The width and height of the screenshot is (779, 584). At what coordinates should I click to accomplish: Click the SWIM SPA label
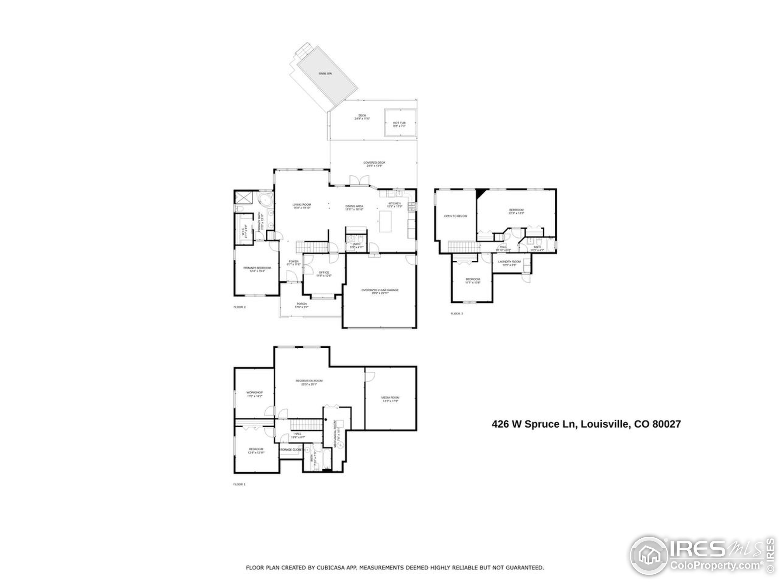pyautogui.click(x=325, y=74)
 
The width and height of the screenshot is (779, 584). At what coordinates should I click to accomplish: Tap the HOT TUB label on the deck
pyautogui.click(x=399, y=123)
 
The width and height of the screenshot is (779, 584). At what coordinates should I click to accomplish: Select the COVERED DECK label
pyautogui.click(x=374, y=163)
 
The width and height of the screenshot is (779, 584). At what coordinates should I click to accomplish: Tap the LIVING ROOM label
pyautogui.click(x=302, y=204)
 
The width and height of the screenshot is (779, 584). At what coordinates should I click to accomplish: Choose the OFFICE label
pyautogui.click(x=324, y=273)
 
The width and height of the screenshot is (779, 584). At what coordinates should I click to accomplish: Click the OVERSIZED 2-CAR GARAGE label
pyautogui.click(x=380, y=290)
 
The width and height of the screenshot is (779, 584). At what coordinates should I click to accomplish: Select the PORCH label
pyautogui.click(x=302, y=304)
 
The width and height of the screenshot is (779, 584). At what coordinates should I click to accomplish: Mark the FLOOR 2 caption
pyautogui.click(x=239, y=307)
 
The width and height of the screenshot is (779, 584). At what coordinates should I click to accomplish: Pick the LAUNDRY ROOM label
pyautogui.click(x=509, y=262)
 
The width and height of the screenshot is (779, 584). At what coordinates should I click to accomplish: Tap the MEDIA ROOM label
pyautogui.click(x=390, y=398)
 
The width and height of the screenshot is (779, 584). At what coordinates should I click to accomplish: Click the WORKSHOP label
pyautogui.click(x=254, y=392)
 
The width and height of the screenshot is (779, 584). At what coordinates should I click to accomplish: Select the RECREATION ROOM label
pyautogui.click(x=309, y=381)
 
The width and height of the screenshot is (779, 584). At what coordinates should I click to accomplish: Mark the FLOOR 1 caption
pyautogui.click(x=239, y=484)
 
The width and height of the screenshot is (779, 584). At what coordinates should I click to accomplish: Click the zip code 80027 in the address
pyautogui.click(x=666, y=424)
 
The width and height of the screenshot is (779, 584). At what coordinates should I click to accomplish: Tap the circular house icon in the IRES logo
pyautogui.click(x=649, y=555)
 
